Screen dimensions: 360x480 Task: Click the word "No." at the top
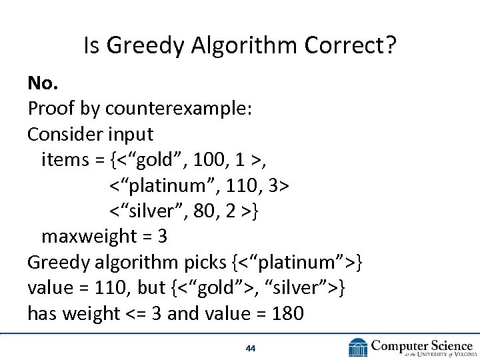[x=43, y=83]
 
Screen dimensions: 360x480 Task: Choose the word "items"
[x=63, y=159]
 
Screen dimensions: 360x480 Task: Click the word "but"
[x=153, y=287]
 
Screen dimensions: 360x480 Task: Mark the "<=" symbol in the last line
[x=136, y=313]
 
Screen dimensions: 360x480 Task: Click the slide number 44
[x=251, y=348]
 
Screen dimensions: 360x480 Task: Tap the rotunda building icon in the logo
[x=358, y=347]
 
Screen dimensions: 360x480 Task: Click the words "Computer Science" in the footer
[x=422, y=345]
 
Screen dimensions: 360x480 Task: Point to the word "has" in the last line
[x=41, y=313]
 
